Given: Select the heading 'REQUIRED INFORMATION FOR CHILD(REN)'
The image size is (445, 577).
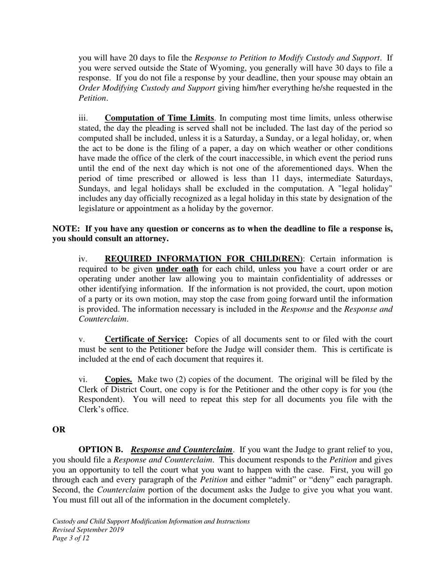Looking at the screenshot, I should pos(204,259).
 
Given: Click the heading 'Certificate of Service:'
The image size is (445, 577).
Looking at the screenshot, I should pos(146,339).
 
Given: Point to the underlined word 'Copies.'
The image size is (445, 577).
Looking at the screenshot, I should pos(118,380).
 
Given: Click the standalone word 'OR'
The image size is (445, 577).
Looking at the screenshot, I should pos(59,430).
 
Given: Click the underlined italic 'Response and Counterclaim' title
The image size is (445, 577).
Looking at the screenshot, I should pos(182,449).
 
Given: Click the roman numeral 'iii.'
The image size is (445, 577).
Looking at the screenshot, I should pos(83,118).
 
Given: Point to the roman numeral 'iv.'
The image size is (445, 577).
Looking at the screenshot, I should pos(83,259).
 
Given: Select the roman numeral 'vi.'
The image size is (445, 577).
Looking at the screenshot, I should pos(83,380).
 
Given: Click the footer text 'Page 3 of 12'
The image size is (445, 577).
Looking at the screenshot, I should pos(71,539).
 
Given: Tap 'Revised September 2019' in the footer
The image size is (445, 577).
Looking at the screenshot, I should pos(88,530).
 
